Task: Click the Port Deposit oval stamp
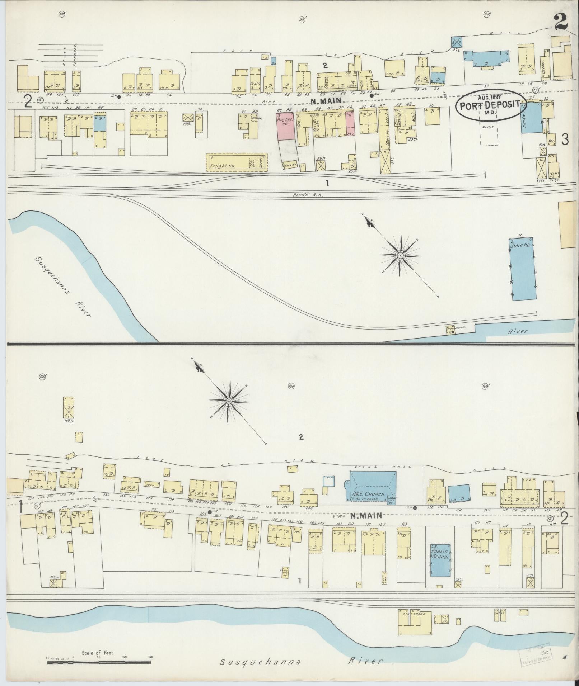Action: tap(490, 104)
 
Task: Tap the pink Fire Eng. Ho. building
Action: tap(285, 126)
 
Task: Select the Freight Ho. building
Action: tap(236, 162)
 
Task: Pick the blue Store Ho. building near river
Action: tap(523, 268)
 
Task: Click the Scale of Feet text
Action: tap(98, 653)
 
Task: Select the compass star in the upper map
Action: tap(400, 255)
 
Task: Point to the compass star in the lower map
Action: tap(229, 401)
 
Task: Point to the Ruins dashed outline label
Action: tap(488, 127)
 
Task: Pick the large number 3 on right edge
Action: tap(565, 139)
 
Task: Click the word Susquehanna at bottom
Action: tap(260, 662)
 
